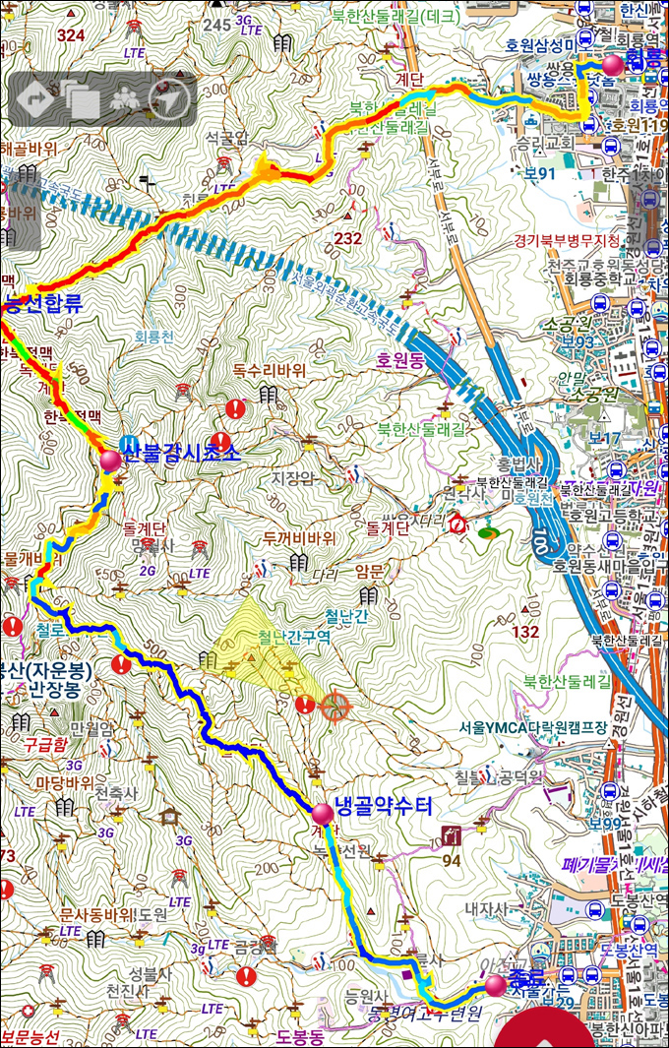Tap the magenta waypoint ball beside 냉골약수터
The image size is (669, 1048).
(322, 814)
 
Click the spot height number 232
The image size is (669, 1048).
(347, 238)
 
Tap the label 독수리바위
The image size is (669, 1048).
(270, 371)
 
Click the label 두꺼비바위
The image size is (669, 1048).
(299, 538)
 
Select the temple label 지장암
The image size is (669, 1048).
(292, 478)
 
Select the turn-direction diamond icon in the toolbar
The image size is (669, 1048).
(35, 98)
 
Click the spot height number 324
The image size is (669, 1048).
(71, 36)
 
